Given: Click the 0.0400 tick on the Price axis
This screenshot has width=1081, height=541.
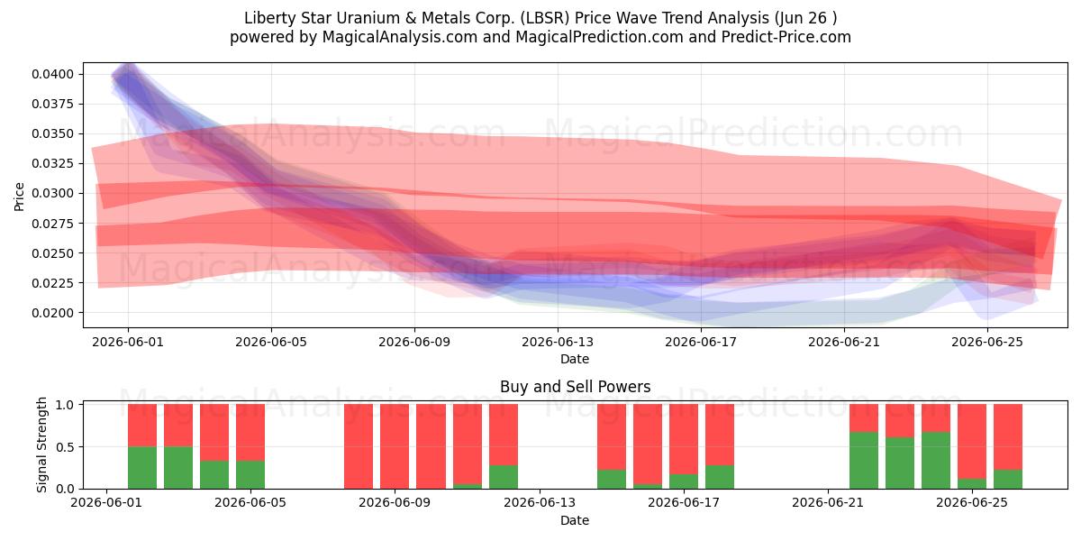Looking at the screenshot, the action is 52,74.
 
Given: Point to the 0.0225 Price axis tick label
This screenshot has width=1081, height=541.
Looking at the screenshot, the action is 52,283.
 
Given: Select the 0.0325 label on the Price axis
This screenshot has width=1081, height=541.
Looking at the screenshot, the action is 52,164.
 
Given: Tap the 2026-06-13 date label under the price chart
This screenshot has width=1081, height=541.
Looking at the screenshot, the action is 558,342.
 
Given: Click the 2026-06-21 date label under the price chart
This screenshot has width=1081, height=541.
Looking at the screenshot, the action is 844,342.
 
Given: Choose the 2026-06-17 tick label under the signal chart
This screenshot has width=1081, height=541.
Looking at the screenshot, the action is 684,503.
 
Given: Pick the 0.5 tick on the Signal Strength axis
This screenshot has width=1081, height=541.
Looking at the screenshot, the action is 65,447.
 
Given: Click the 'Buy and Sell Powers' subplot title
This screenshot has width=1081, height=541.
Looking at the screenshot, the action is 576,387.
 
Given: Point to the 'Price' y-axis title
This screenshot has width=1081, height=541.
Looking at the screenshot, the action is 19,197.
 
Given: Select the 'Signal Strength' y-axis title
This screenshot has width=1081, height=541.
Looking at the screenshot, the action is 42,445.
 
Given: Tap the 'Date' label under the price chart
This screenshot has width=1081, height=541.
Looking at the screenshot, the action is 575,359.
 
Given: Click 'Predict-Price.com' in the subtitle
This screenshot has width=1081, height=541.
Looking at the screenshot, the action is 786,37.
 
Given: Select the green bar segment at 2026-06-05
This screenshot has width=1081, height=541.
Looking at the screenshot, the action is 250,475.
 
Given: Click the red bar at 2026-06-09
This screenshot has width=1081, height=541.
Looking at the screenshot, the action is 395,446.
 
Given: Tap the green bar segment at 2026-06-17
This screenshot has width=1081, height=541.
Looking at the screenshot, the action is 684,481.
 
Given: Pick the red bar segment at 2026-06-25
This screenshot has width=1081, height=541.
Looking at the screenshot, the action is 972,442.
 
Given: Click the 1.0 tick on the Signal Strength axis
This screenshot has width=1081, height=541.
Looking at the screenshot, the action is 65,405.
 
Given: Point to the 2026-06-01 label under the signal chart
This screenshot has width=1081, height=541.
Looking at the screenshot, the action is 106,503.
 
